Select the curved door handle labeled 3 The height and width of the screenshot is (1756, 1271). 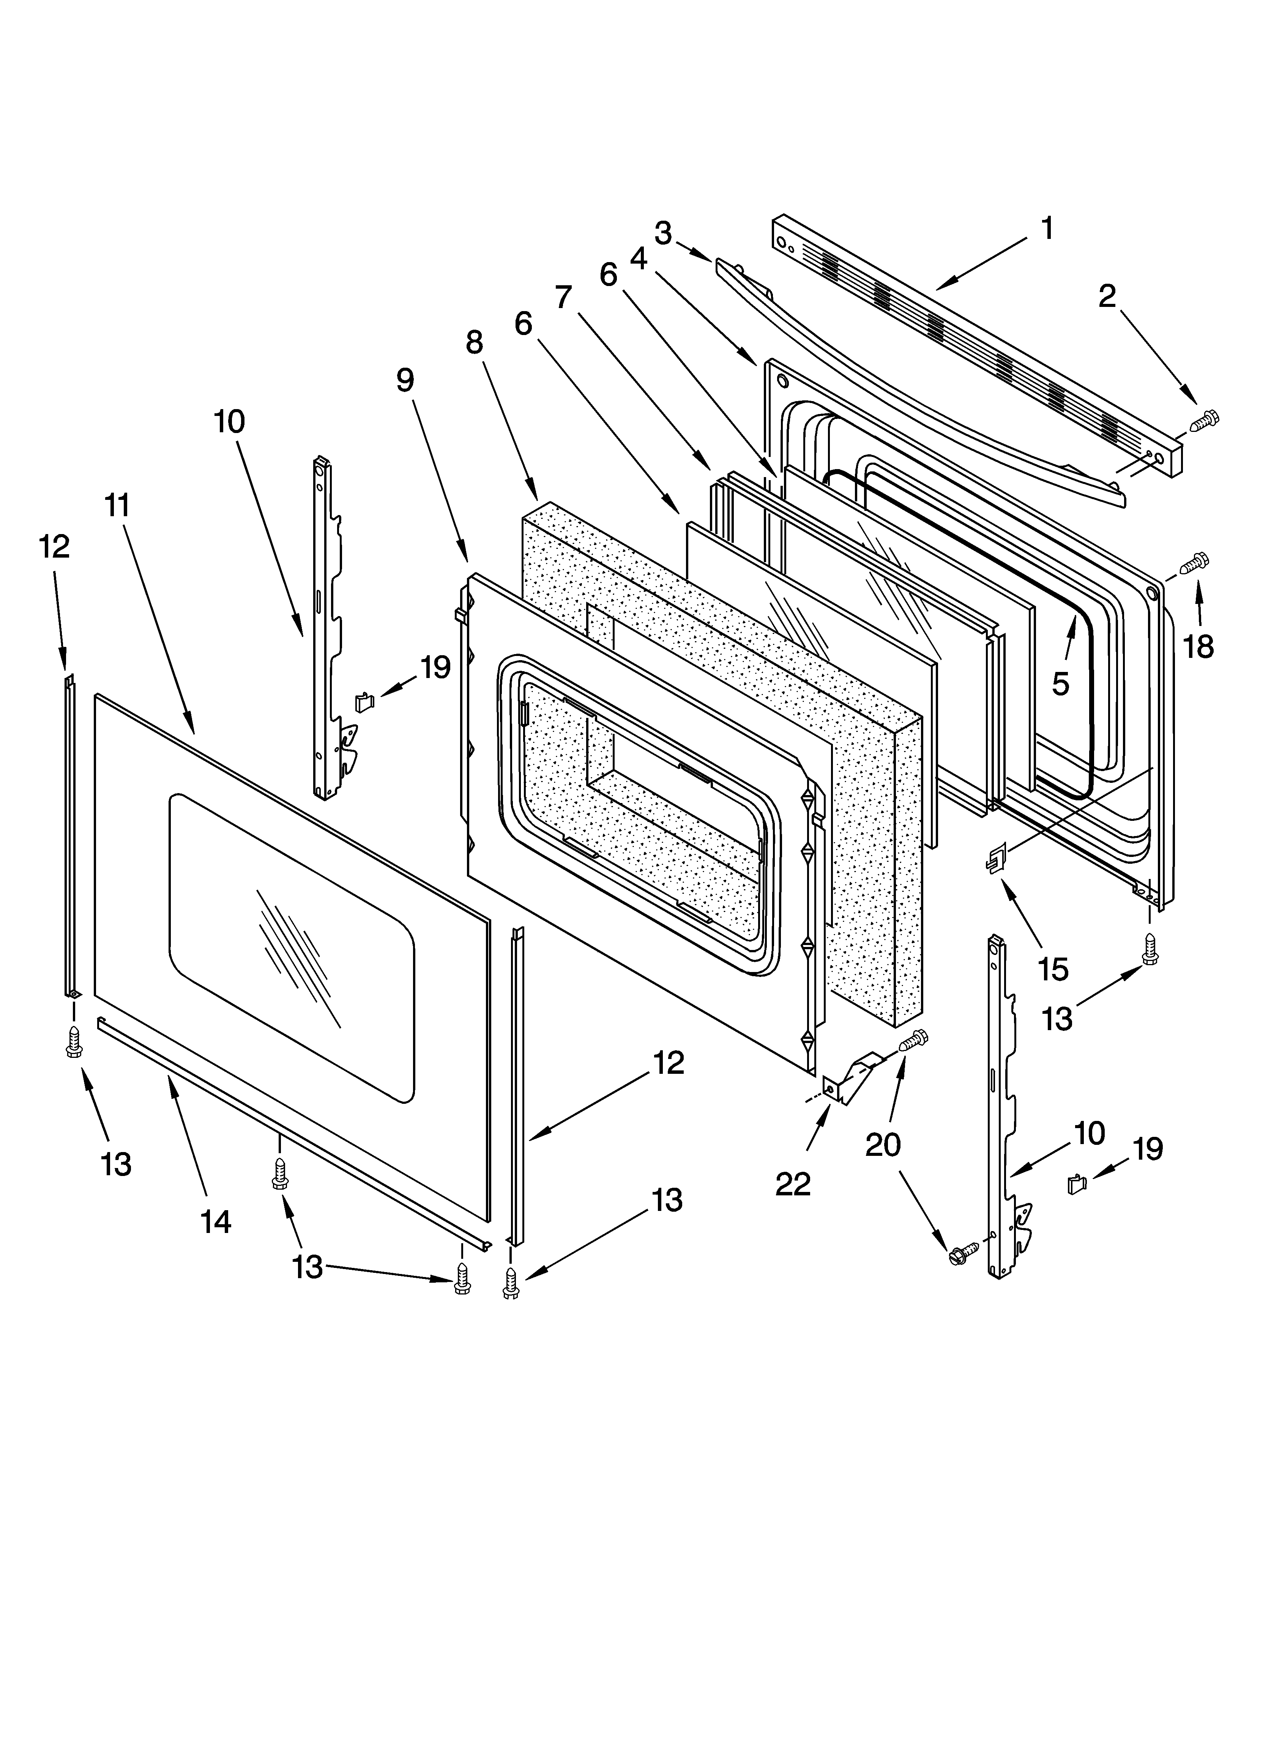coord(913,379)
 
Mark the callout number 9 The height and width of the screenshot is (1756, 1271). coord(405,379)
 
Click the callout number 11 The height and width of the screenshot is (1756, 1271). coord(117,506)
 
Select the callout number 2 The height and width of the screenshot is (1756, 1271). coord(1108,296)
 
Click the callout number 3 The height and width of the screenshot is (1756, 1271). coord(662,232)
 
